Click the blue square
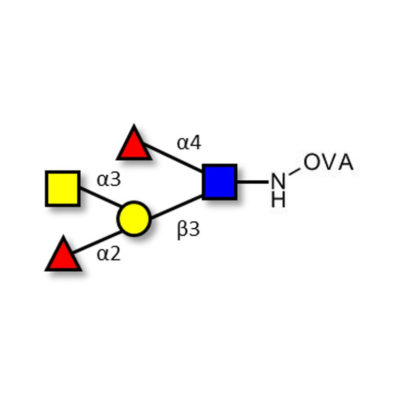click(x=220, y=181)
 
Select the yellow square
click(x=63, y=188)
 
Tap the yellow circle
click(x=134, y=219)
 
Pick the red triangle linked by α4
click(x=134, y=144)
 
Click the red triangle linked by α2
click(x=63, y=255)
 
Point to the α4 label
click(x=189, y=143)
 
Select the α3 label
click(x=109, y=179)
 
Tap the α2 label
click(x=109, y=254)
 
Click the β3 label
click(x=188, y=230)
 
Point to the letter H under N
click(x=278, y=200)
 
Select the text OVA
click(x=328, y=163)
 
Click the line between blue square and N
click(x=252, y=181)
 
